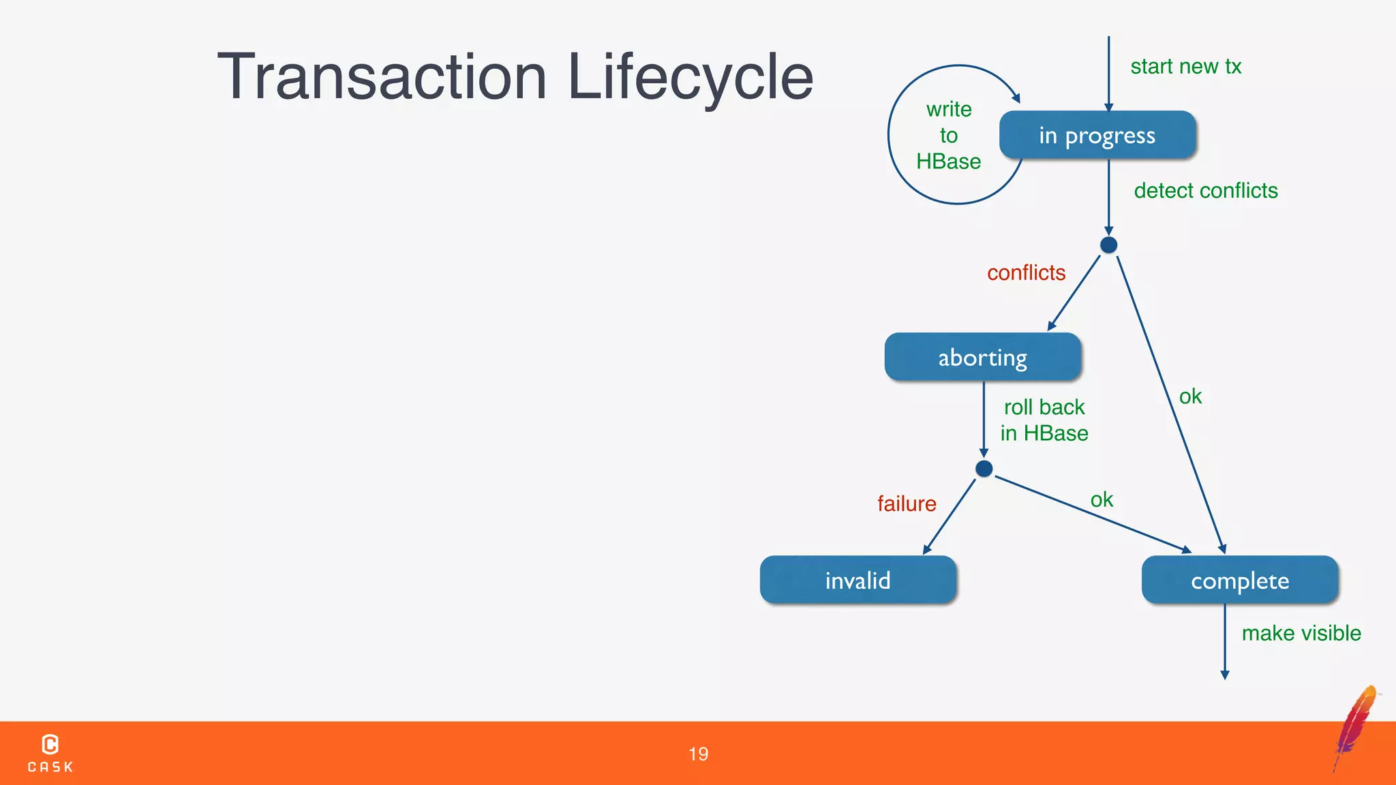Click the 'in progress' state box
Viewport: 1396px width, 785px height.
[1097, 136]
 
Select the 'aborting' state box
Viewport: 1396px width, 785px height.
[982, 357]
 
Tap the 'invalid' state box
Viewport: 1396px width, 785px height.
[858, 580]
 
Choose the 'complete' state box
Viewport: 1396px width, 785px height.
[1239, 580]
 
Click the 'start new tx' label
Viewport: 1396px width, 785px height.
[1185, 67]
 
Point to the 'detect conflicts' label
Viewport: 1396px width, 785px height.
[1205, 191]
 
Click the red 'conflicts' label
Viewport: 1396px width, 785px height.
[1026, 273]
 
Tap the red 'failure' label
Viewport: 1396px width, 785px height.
[907, 504]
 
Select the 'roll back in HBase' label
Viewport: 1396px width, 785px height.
[1044, 420]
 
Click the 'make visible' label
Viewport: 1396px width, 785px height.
[1301, 633]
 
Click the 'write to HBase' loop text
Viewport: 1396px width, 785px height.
[948, 136]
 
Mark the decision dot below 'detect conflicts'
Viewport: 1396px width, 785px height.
[1108, 245]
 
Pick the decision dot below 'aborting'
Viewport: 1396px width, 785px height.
[984, 469]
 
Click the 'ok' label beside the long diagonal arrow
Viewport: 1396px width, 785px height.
[1190, 397]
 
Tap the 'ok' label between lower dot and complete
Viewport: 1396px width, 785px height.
[1102, 499]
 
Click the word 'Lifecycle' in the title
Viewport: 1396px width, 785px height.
[690, 77]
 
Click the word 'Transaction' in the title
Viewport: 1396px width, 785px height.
[382, 77]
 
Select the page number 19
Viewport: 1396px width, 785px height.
[698, 754]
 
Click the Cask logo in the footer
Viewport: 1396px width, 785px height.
[50, 752]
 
